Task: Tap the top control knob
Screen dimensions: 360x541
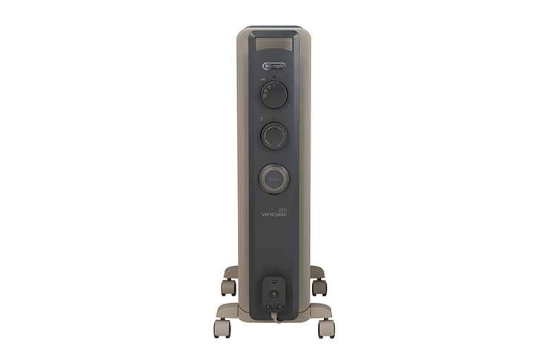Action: point(273,95)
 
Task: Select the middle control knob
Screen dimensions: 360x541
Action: point(273,137)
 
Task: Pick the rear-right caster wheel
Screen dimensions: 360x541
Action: point(318,287)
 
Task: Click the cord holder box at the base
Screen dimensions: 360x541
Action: point(273,294)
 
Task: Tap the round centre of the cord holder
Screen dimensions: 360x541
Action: point(273,293)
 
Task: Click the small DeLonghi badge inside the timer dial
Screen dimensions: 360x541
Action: point(273,179)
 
